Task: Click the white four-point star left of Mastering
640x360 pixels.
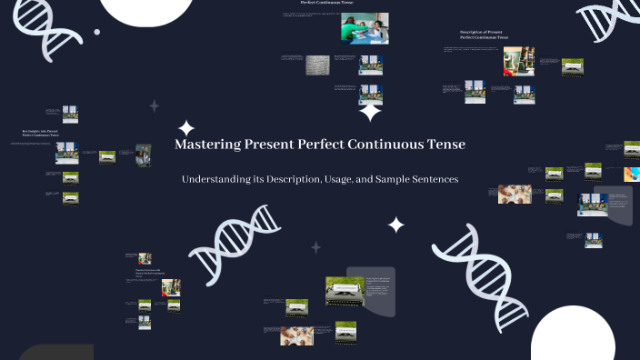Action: [x=186, y=128]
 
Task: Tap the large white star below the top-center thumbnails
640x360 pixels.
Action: [x=370, y=112]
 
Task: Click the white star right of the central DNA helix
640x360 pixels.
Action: [x=396, y=224]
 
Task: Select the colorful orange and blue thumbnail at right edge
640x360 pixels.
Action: [x=631, y=173]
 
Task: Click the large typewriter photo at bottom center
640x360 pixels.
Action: [x=345, y=291]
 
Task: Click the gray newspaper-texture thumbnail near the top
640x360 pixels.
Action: [x=317, y=65]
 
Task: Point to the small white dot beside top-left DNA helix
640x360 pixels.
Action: [x=97, y=32]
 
